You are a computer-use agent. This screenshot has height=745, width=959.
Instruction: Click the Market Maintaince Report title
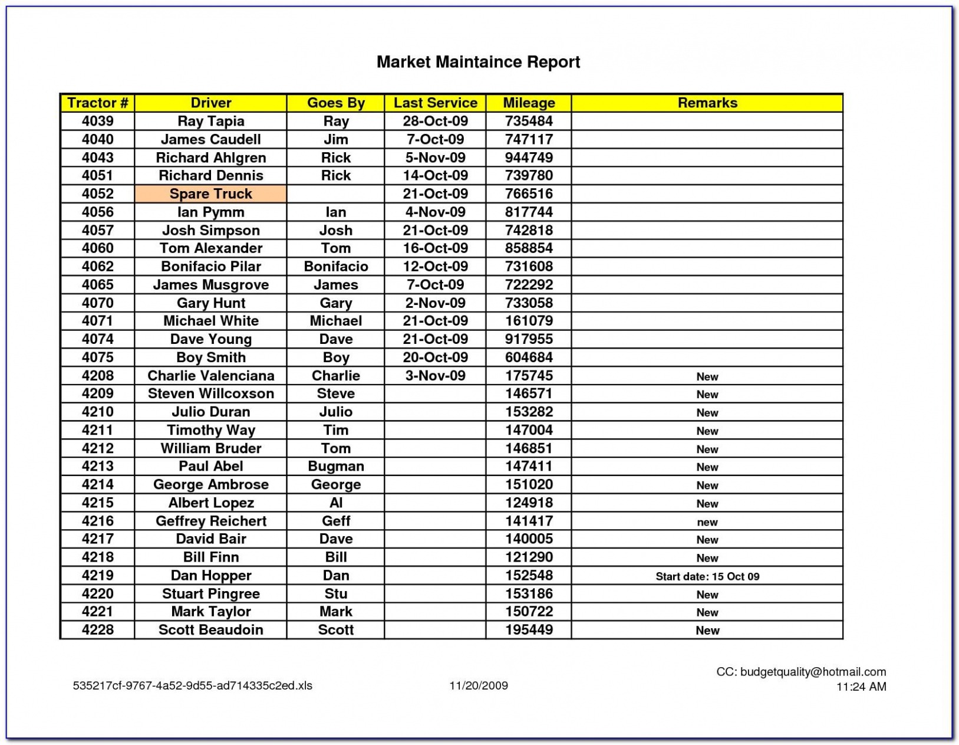tap(478, 62)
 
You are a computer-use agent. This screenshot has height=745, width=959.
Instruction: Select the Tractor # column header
tap(97, 103)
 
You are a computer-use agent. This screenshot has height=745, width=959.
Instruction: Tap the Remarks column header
tap(707, 103)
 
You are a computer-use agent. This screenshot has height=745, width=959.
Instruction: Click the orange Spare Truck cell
tap(210, 193)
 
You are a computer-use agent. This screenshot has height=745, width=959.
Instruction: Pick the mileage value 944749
tap(529, 157)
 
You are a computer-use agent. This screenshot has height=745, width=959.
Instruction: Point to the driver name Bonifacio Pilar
tap(210, 266)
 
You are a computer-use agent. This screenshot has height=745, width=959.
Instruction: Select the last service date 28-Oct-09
tap(435, 121)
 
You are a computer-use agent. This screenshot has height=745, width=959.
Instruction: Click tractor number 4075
tap(97, 357)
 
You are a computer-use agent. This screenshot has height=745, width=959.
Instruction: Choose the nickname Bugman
tap(335, 466)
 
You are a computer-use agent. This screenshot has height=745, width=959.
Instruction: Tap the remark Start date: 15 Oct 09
tap(707, 576)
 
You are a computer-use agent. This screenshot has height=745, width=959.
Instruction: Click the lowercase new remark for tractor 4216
tap(707, 522)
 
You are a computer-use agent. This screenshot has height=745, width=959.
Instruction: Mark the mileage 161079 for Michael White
tap(529, 321)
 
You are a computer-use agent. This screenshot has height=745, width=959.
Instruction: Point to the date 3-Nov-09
tap(435, 375)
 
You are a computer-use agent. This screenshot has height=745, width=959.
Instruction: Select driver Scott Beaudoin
tap(210, 629)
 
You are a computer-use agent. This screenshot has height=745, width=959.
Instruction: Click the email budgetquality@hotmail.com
tap(812, 671)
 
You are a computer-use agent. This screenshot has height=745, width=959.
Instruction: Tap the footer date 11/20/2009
tap(478, 685)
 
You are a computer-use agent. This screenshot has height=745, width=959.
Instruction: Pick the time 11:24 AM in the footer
tap(861, 687)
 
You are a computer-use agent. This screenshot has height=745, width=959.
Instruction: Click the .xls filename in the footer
tap(192, 685)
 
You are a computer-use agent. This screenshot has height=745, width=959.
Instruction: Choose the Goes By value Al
tap(335, 503)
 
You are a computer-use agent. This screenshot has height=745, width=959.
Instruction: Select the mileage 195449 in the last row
tap(529, 629)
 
